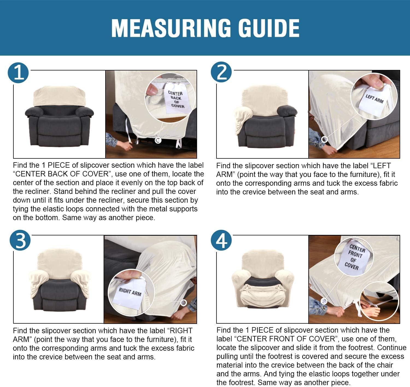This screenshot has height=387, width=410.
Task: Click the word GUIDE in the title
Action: [x=269, y=28]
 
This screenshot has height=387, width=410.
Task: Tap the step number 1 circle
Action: [x=18, y=73]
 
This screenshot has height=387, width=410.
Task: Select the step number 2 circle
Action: [x=221, y=72]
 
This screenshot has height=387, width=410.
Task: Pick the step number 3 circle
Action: [x=20, y=240]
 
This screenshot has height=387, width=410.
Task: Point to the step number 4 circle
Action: [x=221, y=240]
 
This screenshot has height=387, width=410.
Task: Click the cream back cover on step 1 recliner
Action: [x=60, y=96]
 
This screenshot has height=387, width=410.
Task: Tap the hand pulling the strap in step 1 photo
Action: [x=125, y=145]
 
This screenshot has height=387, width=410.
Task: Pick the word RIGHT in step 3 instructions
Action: [x=181, y=331]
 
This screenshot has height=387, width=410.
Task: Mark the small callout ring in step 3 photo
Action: [x=183, y=303]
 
